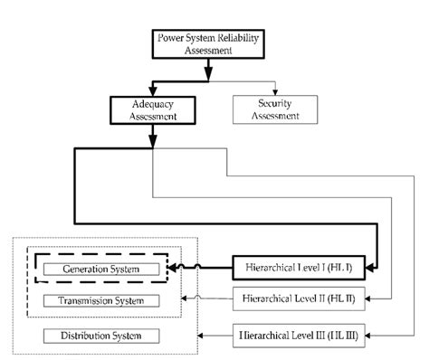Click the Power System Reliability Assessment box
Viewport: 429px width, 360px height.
(x=209, y=44)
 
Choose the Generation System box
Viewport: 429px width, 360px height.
(x=100, y=270)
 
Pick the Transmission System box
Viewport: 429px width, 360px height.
(x=100, y=299)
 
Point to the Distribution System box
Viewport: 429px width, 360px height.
(x=100, y=336)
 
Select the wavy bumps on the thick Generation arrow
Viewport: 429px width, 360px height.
(x=185, y=267)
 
